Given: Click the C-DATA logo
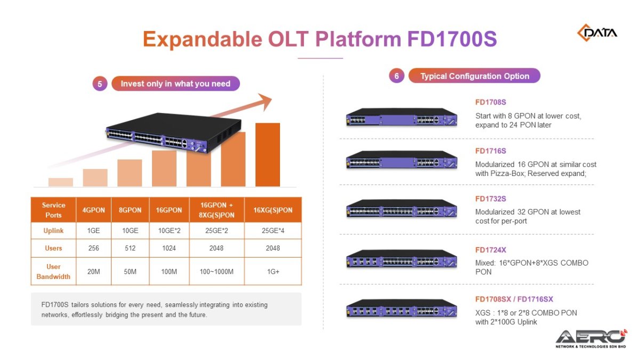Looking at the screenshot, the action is [x=597, y=33].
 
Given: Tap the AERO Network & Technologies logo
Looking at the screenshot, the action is [x=591, y=339].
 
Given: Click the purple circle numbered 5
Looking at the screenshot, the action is [x=100, y=84].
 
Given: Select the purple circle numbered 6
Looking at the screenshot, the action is [x=397, y=76].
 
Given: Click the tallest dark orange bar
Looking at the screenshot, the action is [x=268, y=155].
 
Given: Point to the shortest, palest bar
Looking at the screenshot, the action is [x=61, y=182].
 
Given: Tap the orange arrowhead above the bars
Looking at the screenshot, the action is [x=265, y=101].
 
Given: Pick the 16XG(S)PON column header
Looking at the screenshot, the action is [x=273, y=210].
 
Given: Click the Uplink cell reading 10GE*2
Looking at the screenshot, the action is [x=169, y=230].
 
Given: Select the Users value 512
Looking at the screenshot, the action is [x=130, y=248].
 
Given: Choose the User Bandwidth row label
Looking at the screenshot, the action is [x=53, y=271].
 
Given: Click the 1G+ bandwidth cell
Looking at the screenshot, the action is [x=273, y=271].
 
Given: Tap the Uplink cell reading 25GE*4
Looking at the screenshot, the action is [x=273, y=230].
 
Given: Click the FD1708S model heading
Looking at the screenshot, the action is [x=491, y=102].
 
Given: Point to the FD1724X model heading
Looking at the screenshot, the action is [x=491, y=250].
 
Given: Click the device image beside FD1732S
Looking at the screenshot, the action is [x=402, y=209].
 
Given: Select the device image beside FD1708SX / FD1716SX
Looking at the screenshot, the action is [x=402, y=309].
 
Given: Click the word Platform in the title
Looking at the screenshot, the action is [x=358, y=39].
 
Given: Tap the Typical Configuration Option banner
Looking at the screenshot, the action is [x=474, y=76].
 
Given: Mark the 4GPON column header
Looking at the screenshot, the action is [x=93, y=210].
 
